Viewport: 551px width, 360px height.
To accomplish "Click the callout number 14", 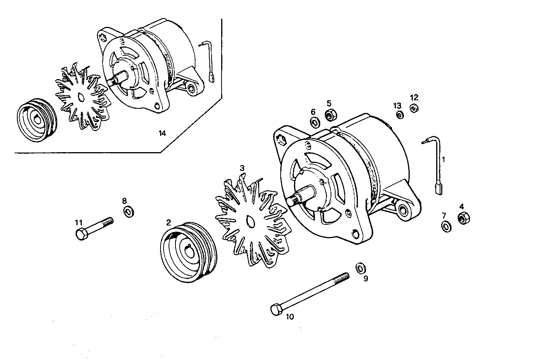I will tap(162, 133).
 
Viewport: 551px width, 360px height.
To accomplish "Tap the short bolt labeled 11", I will tap(94, 228).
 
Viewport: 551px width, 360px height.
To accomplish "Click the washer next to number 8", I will tap(128, 211).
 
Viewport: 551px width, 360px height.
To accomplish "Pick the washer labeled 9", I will tap(361, 268).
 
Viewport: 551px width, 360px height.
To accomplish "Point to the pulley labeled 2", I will tap(188, 252).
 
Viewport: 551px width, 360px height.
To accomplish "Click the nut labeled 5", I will tap(331, 114).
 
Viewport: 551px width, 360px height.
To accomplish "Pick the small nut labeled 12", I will tap(414, 109).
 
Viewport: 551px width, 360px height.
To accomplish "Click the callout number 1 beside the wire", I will tap(443, 159).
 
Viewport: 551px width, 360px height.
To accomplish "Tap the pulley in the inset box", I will tap(37, 120).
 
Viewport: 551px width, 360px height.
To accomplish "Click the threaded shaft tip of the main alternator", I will tap(294, 200).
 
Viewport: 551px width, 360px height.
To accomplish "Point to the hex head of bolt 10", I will tap(276, 310).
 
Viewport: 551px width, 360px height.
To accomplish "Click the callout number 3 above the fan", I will tap(242, 168).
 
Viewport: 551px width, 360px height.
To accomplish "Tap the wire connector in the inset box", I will tap(212, 79).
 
